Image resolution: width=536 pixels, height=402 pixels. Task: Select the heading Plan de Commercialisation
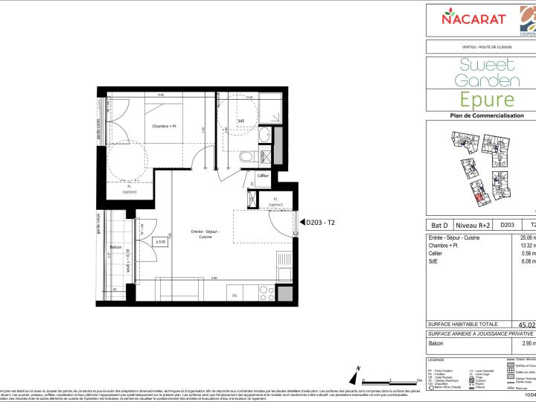pyautogui.click(x=481, y=115)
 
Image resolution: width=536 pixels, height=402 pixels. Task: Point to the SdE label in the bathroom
pyautogui.click(x=240, y=121)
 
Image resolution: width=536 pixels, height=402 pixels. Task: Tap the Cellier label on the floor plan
pyautogui.click(x=262, y=175)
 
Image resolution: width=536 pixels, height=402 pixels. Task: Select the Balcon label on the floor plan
pyautogui.click(x=115, y=246)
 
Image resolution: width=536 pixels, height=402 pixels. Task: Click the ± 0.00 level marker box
pyautogui.click(x=160, y=242)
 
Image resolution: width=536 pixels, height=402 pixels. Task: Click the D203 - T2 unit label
pyautogui.click(x=321, y=222)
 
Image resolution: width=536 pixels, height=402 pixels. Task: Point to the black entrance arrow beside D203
pyautogui.click(x=300, y=222)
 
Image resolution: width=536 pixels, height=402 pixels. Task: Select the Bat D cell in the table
pyautogui.click(x=440, y=223)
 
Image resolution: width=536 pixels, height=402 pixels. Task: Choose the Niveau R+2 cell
pyautogui.click(x=473, y=223)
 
